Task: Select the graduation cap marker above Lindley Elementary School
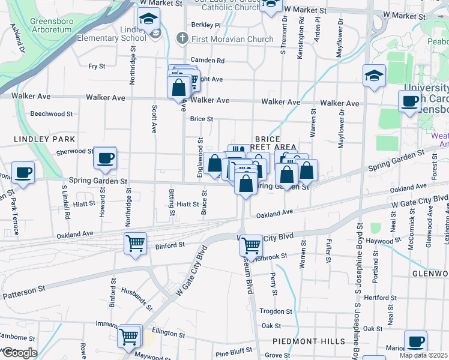(148, 20)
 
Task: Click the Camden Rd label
(207, 61)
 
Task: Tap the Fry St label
(97, 67)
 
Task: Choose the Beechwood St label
(52, 113)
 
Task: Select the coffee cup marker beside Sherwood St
(105, 158)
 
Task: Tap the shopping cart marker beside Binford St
(135, 244)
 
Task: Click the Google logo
(19, 353)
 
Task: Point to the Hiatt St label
(187, 205)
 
